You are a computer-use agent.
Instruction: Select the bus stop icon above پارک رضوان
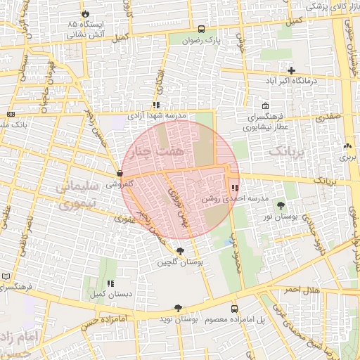coord(202,30)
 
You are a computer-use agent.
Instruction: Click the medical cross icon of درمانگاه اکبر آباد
coord(291,70)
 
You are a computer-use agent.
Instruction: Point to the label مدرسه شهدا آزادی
coord(155,114)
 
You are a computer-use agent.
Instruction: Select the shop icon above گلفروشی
coord(119,173)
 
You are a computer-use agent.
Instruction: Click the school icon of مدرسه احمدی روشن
coord(234,188)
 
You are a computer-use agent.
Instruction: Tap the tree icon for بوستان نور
coord(281,205)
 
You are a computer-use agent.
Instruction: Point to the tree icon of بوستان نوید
coord(177,307)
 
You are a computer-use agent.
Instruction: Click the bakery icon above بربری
coord(347,146)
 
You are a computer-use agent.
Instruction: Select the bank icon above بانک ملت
coord(11,114)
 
